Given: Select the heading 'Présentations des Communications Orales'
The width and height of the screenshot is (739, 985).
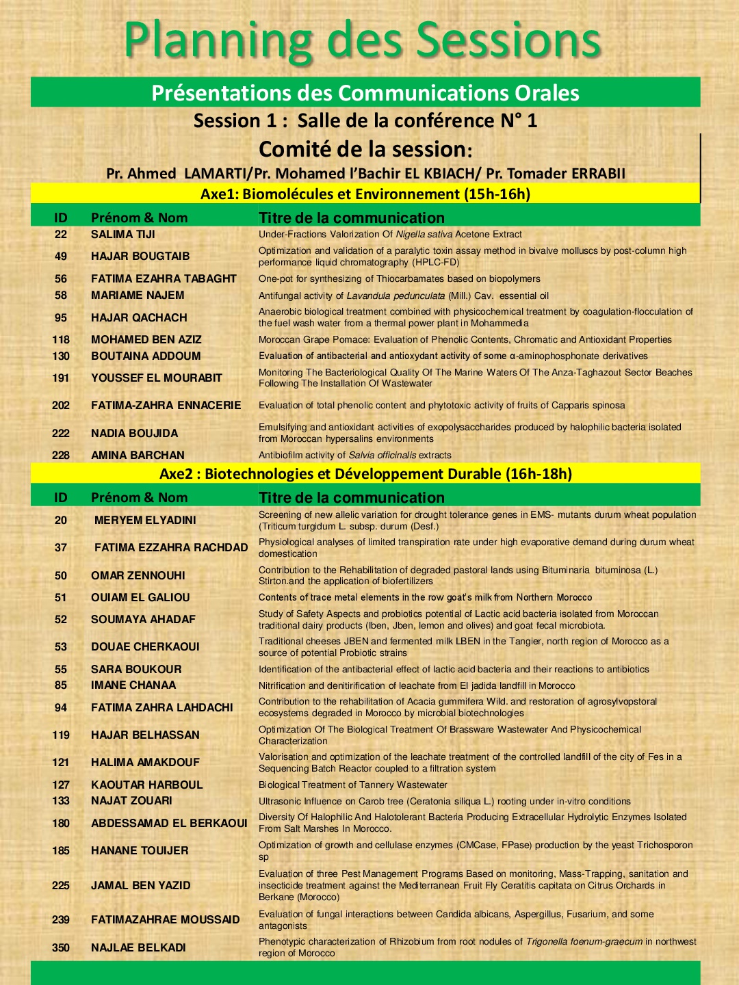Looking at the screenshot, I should tap(365, 93).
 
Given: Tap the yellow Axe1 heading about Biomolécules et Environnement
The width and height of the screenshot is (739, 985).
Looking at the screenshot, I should tap(365, 194).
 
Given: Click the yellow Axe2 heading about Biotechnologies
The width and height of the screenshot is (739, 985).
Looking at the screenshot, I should tap(365, 474).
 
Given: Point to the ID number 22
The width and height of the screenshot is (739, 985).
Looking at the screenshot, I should tap(61, 235).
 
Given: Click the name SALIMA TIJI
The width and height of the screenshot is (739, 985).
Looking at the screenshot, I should tap(123, 235).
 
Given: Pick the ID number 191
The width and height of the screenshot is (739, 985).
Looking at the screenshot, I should tap(61, 378).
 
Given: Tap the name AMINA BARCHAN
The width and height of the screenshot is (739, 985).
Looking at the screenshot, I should tap(138, 456).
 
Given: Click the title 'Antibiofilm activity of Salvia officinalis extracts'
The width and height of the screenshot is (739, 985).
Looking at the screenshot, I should tap(355, 456).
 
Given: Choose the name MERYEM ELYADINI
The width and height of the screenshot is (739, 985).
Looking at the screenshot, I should tap(145, 521).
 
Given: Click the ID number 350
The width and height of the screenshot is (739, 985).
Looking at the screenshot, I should tap(61, 948).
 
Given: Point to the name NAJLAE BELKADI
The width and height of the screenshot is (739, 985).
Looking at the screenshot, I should tap(138, 948).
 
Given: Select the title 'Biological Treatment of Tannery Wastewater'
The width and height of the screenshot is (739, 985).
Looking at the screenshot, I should tap(353, 785).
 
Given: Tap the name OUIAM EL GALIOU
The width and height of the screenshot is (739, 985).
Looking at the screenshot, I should tap(140, 598).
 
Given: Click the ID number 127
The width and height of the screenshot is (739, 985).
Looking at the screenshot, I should tap(61, 785).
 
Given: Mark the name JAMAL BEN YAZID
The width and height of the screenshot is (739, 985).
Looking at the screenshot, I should tap(141, 886).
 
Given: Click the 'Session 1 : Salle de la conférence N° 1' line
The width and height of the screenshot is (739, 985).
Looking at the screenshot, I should tap(365, 121).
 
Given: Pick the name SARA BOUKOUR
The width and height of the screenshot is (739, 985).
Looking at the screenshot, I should tap(136, 670).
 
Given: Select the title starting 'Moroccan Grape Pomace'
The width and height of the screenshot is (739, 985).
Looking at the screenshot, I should tap(465, 340).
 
